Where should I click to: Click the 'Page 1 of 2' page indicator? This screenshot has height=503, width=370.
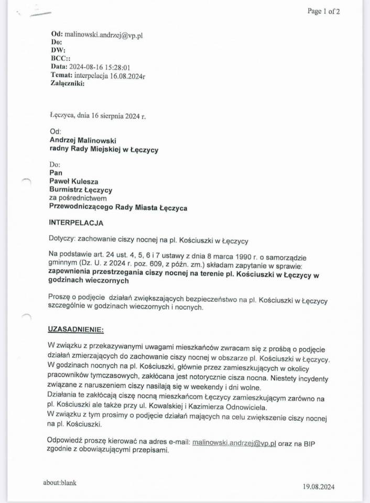pos(323,11)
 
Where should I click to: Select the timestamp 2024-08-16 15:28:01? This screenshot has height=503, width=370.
pos(99,67)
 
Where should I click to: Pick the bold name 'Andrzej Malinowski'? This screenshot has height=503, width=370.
pos(83,140)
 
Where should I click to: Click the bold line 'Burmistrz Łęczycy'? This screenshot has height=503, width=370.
pos(81,190)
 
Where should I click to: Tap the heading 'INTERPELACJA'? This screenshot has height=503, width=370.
pos(76,223)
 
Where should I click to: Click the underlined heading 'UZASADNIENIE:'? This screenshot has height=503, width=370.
pos(76,330)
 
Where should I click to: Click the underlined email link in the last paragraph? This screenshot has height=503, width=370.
pos(234,442)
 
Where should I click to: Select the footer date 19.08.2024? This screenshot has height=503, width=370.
pos(318,487)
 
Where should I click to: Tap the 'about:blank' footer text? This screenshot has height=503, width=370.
pos(60,483)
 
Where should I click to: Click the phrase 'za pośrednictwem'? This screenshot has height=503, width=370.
pos(78,199)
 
